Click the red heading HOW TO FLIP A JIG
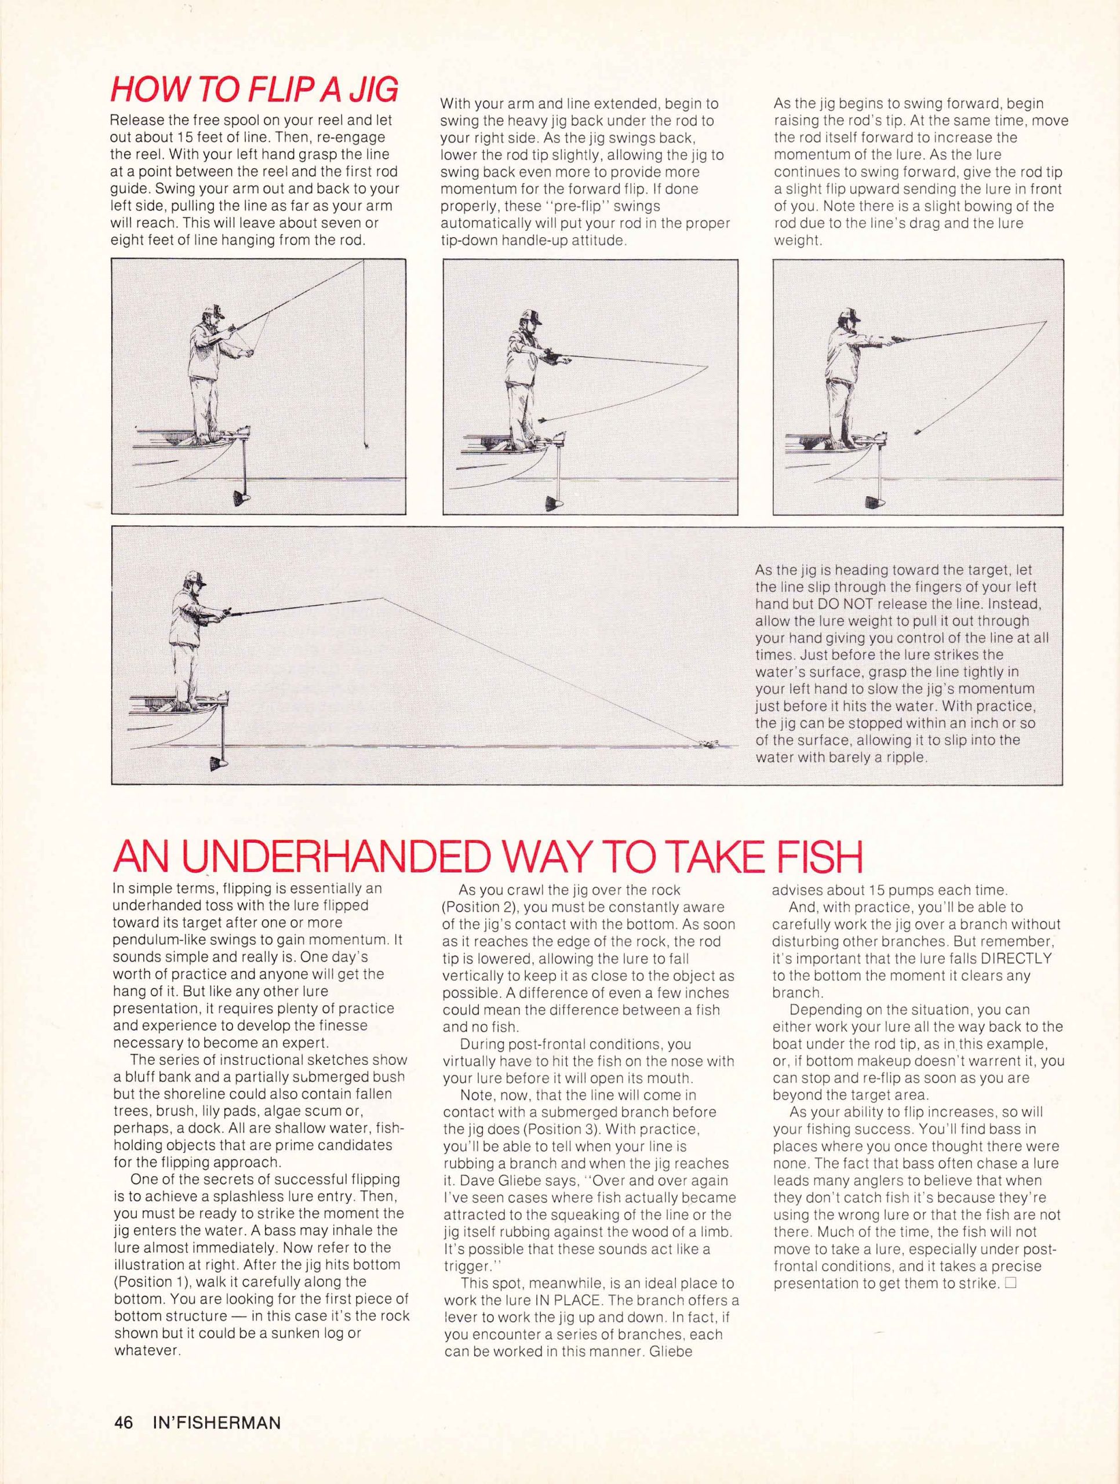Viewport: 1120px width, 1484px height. point(254,89)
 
